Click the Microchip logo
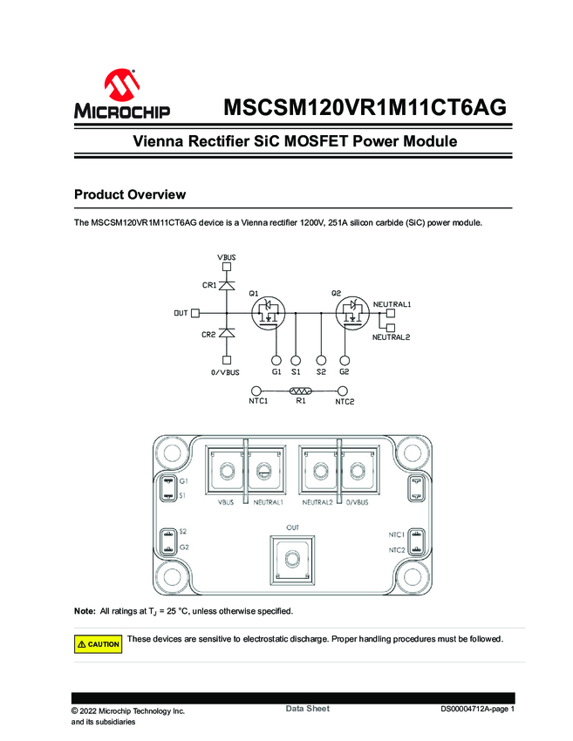tap(121, 95)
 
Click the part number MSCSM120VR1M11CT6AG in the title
tap(365, 108)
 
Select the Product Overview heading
tap(130, 194)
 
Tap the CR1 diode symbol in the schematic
tap(227, 285)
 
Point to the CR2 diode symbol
tap(227, 334)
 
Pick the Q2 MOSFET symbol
tap(353, 315)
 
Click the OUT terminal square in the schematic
tap(195, 313)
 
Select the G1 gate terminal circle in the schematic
tap(276, 359)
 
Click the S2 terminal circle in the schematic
tap(322, 359)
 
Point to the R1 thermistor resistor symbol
tap(300, 392)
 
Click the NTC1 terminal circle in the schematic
tap(256, 392)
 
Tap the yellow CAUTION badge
tap(98, 644)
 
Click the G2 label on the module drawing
tap(184, 547)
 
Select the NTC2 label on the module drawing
tap(396, 550)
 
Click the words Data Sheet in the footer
tap(308, 709)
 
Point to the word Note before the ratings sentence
tap(85, 610)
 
